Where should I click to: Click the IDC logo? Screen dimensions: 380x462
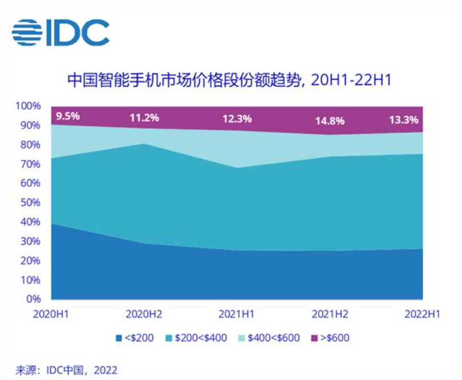(60, 33)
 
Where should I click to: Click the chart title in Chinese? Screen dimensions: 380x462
(230, 80)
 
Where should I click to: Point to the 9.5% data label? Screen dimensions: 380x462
(67, 116)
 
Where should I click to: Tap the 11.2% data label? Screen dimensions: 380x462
(144, 118)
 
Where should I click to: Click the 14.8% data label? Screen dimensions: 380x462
(330, 120)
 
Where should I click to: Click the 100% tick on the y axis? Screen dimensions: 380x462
(29, 106)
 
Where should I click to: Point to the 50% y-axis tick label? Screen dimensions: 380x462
(31, 203)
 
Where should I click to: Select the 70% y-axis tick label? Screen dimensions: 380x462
(31, 164)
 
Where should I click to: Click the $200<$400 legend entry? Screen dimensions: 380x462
(197, 338)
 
